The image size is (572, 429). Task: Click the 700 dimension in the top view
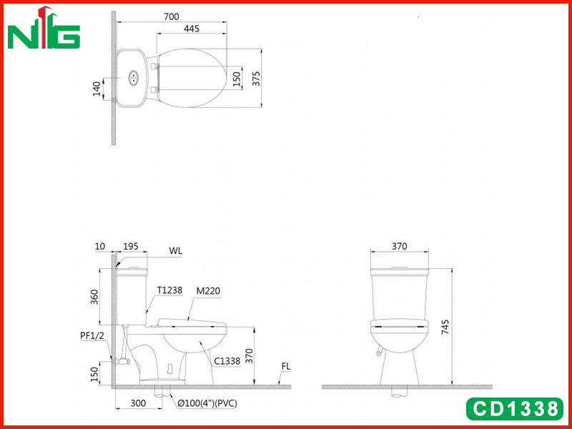click(171, 16)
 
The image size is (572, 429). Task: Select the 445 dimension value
click(192, 29)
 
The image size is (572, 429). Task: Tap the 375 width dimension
click(257, 79)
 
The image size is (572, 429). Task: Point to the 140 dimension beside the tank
click(97, 89)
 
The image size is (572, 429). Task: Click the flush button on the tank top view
click(133, 78)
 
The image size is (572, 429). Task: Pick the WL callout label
click(175, 251)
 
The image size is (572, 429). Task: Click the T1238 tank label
click(169, 290)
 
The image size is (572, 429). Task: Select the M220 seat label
click(208, 291)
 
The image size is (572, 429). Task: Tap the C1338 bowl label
click(227, 361)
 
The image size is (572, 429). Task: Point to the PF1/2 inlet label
click(92, 335)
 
